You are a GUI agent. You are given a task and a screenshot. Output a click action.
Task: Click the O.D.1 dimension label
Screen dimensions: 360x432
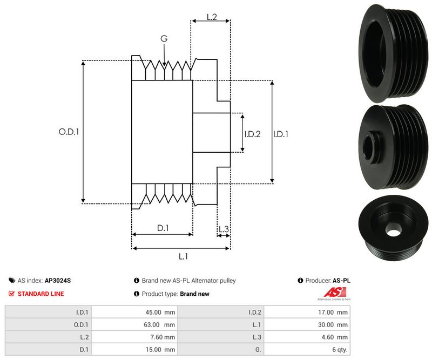[x=69, y=131]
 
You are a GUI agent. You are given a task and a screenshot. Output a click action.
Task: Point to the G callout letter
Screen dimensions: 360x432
[x=164, y=38]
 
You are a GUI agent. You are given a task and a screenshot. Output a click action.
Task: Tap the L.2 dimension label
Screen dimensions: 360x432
[x=211, y=17]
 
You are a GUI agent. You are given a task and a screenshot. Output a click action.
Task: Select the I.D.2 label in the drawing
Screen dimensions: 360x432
[x=252, y=134]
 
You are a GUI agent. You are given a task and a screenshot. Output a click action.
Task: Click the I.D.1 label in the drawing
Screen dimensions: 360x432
[x=280, y=134]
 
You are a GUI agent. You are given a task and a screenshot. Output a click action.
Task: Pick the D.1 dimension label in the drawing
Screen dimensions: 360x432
[x=163, y=228]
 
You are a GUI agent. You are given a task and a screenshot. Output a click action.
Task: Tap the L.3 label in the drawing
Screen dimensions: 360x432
[x=224, y=229]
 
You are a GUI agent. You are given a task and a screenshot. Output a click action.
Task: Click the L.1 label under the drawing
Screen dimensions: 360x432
[x=183, y=256]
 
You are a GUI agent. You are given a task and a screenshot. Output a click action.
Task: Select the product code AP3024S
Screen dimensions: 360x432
[x=58, y=281]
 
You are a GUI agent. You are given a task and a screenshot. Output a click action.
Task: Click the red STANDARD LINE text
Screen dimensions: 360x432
[x=40, y=294]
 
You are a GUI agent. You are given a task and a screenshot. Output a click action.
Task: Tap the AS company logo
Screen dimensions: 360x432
[x=330, y=294]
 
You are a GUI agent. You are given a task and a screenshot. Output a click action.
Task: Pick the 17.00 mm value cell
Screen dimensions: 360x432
[x=307, y=312]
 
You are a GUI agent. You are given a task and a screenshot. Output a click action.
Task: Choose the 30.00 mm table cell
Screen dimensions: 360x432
[x=307, y=324]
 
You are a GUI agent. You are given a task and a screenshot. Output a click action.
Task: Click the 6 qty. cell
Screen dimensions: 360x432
[x=307, y=349]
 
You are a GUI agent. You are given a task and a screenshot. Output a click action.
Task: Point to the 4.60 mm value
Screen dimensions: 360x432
[x=307, y=337]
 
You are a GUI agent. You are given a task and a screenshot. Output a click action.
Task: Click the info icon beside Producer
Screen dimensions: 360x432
[x=300, y=281]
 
